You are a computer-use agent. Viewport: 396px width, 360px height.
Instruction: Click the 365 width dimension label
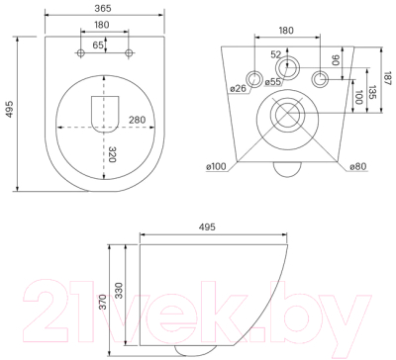[103, 8]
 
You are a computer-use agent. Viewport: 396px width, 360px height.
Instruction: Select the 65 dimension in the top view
[98, 45]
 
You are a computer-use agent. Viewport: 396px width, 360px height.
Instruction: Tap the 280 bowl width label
[137, 120]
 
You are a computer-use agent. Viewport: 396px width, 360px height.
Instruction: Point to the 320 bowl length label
[112, 154]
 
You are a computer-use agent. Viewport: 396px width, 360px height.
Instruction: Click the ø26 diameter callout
[238, 88]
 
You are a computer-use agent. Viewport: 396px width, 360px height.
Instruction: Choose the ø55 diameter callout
[273, 82]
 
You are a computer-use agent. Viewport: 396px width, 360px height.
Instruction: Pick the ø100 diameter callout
[216, 167]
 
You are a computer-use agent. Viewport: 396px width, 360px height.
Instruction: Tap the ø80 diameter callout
[358, 167]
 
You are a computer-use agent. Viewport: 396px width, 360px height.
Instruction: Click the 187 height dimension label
[388, 79]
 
